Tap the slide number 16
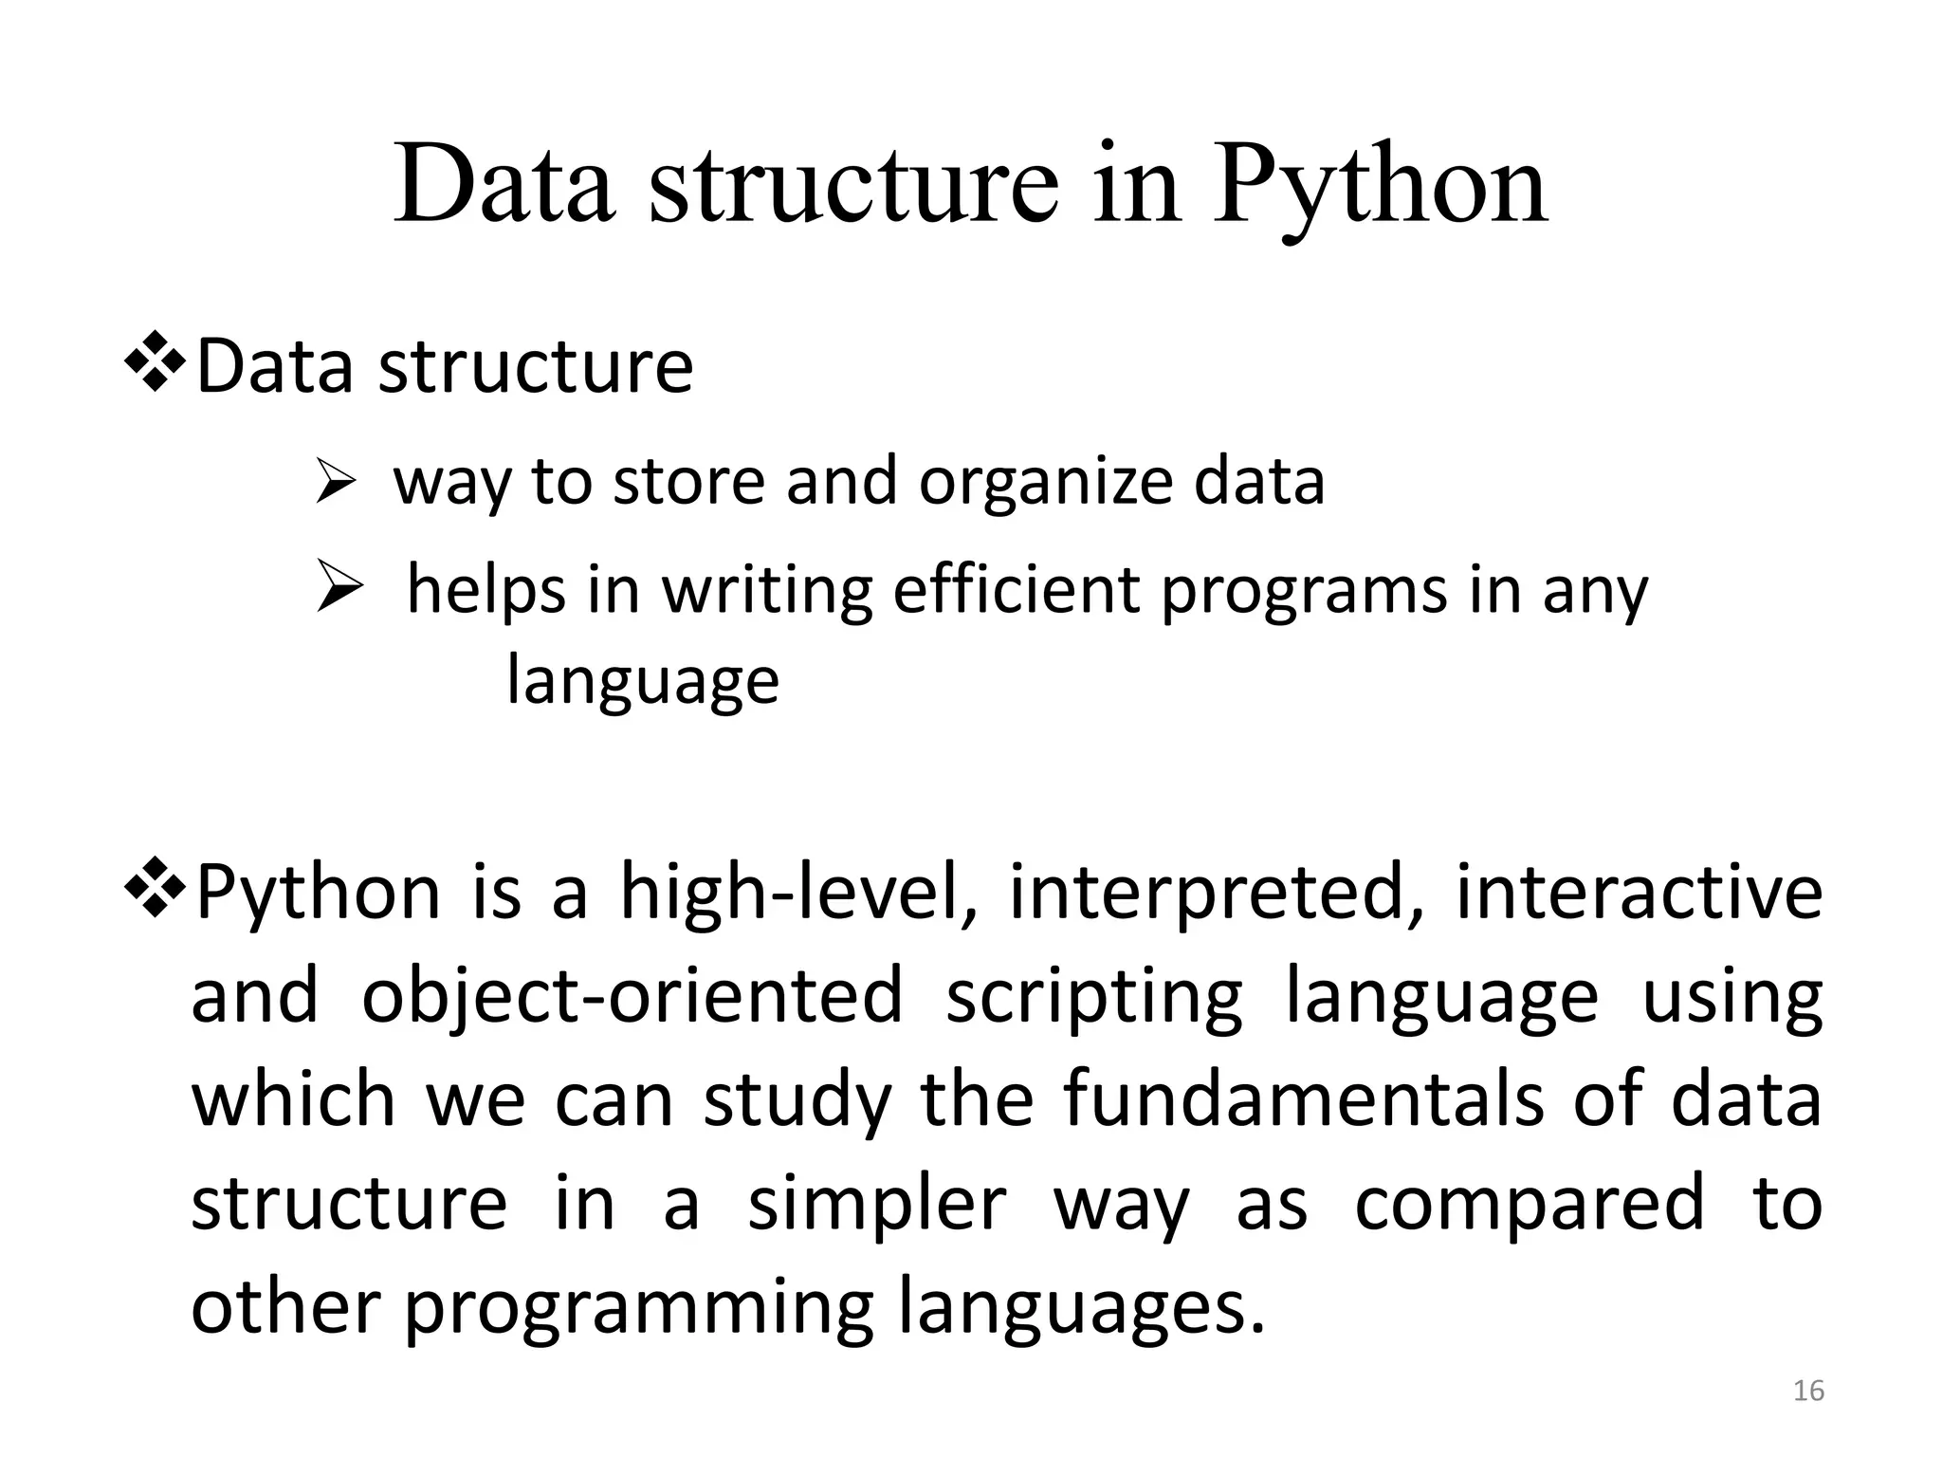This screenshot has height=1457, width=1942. tap(1808, 1391)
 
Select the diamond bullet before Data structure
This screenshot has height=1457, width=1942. tap(156, 366)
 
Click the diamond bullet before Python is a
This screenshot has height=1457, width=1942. tap(156, 891)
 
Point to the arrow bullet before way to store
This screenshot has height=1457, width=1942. tap(335, 483)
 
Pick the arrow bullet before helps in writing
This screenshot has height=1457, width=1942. tap(339, 588)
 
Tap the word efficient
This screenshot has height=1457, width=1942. tap(1017, 589)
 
